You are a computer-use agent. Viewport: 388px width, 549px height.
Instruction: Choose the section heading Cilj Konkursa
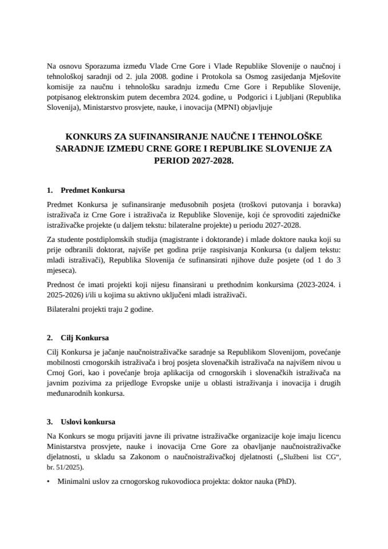pyautogui.click(x=85, y=337)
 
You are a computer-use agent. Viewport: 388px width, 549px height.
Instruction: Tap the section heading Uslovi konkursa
pyautogui.click(x=88, y=422)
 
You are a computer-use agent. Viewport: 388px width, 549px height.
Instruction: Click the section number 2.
pyautogui.click(x=50, y=337)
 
